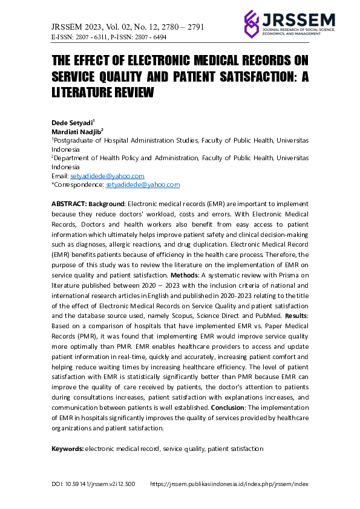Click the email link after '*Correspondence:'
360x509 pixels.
click(143, 184)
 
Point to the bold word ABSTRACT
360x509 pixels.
click(69, 205)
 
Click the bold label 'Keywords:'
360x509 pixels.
click(67, 449)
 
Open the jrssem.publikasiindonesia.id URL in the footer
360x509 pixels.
click(229, 484)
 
